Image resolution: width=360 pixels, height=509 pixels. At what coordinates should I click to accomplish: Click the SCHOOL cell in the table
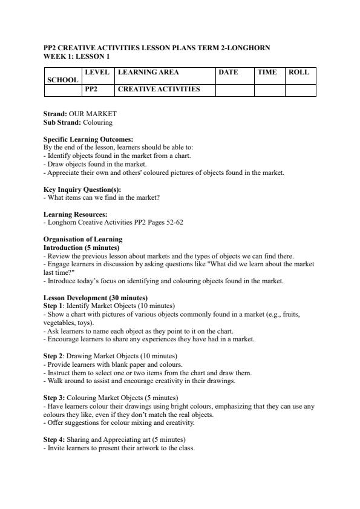(x=63, y=80)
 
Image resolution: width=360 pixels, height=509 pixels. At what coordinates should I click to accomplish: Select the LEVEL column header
(x=97, y=72)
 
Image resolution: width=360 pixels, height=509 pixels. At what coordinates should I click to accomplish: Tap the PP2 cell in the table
(x=91, y=89)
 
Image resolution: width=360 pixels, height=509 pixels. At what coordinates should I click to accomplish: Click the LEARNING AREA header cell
(x=148, y=72)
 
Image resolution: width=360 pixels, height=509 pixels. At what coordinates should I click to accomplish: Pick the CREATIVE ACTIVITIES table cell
(x=159, y=89)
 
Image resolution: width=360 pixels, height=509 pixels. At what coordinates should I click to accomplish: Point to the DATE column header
(x=228, y=72)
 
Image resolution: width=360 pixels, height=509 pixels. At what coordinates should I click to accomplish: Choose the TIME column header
(x=267, y=72)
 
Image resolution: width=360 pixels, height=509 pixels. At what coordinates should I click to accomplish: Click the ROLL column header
(x=299, y=72)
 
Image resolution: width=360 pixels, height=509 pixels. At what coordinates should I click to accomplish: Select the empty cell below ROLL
(x=300, y=90)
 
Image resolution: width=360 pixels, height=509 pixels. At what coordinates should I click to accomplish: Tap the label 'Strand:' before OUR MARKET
(x=55, y=114)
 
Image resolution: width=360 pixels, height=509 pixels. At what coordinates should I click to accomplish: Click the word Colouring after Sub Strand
(x=97, y=122)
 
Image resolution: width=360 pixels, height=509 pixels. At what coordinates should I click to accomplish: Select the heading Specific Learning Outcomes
(x=88, y=139)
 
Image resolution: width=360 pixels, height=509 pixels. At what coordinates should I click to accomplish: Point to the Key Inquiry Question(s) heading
(x=82, y=189)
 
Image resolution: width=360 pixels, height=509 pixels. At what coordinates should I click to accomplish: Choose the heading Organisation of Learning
(x=83, y=239)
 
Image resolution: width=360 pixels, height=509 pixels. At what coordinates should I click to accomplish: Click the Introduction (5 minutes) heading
(x=82, y=248)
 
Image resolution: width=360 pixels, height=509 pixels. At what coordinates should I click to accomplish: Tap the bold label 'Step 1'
(x=53, y=306)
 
